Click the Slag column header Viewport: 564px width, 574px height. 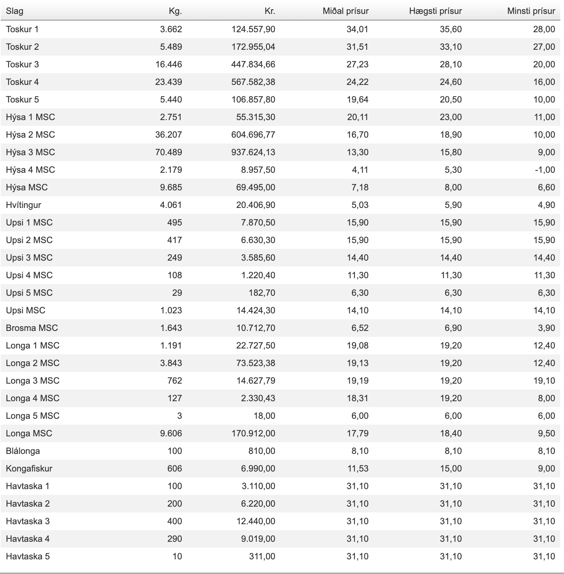point(15,11)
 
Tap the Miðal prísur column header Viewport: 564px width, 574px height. point(345,11)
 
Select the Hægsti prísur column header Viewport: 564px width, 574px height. point(435,11)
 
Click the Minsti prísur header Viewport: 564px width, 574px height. point(531,11)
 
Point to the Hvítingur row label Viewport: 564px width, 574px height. point(23,205)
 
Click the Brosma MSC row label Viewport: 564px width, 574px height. point(32,328)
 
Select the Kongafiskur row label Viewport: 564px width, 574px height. point(29,469)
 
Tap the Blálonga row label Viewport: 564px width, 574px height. point(23,451)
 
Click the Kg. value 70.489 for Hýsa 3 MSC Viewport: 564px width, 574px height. point(168,152)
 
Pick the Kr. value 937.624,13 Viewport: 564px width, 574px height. point(253,152)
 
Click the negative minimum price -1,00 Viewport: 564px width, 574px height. point(545,170)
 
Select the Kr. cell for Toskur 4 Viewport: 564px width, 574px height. point(253,82)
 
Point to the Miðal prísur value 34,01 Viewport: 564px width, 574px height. point(357,29)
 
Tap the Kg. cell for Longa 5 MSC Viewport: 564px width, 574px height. point(179,416)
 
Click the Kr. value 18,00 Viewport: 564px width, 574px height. point(266,416)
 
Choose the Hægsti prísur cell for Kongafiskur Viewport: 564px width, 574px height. point(450,469)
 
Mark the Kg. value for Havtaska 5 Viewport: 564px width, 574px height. point(177,556)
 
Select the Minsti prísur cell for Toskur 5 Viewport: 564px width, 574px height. point(544,100)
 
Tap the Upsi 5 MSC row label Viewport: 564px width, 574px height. point(29,293)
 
